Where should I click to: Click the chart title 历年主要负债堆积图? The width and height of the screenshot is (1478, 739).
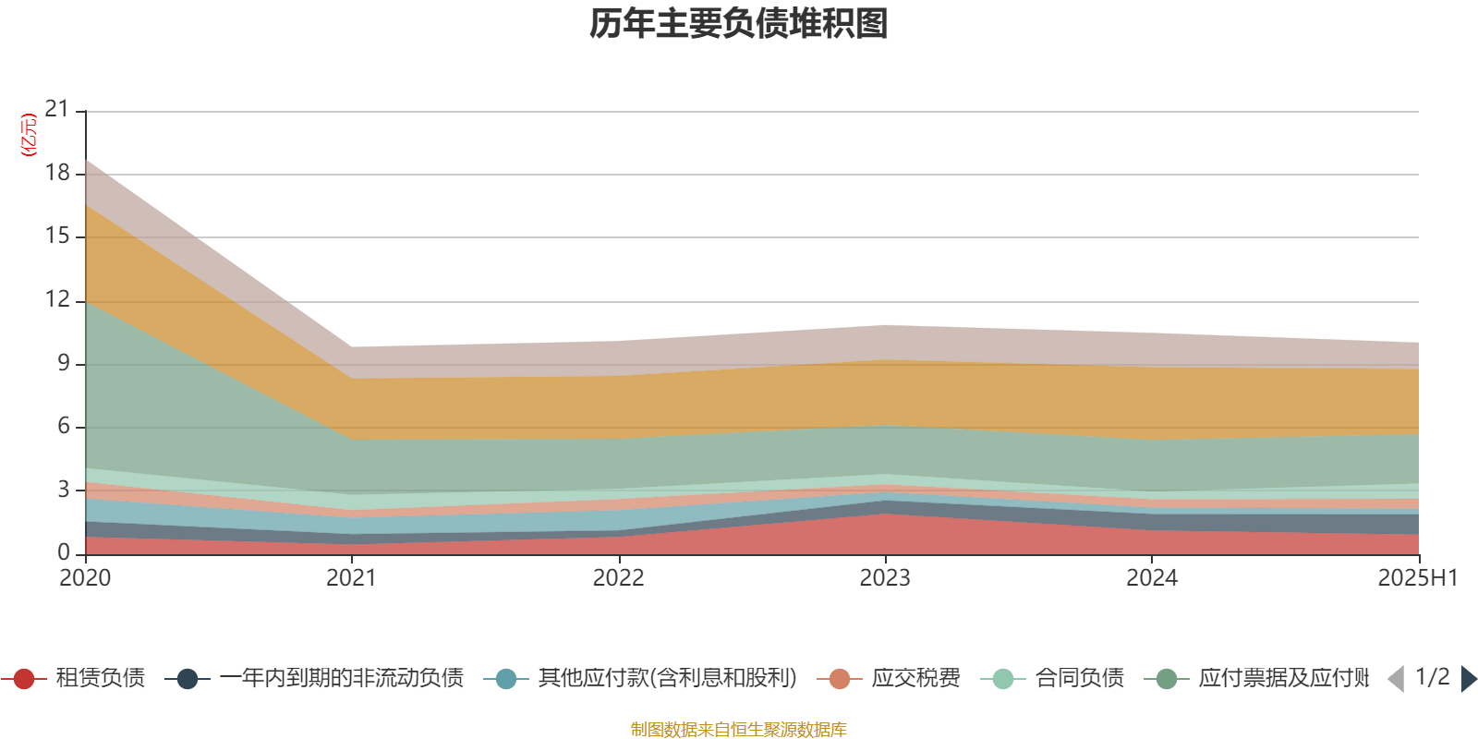pyautogui.click(x=739, y=24)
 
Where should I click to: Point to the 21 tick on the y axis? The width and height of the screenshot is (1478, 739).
pyautogui.click(x=57, y=110)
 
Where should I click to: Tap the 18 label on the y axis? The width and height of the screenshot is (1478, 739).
pyautogui.click(x=57, y=174)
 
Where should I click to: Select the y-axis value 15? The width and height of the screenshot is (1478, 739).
pyautogui.click(x=57, y=236)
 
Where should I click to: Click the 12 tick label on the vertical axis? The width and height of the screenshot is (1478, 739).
pyautogui.click(x=57, y=300)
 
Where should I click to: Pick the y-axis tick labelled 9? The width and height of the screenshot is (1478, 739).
pyautogui.click(x=64, y=364)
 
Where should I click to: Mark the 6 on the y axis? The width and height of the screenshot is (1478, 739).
pyautogui.click(x=64, y=427)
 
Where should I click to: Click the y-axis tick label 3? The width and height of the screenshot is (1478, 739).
pyautogui.click(x=64, y=490)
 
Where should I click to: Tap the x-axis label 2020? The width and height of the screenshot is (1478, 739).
pyautogui.click(x=85, y=578)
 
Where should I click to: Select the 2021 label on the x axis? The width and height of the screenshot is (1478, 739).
pyautogui.click(x=352, y=578)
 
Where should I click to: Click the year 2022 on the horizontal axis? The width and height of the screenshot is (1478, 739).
pyautogui.click(x=618, y=578)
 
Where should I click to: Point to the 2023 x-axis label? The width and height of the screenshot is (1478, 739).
pyautogui.click(x=885, y=578)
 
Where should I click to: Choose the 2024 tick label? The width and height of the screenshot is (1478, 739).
pyautogui.click(x=1152, y=578)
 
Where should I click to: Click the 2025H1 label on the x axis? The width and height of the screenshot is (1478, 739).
pyautogui.click(x=1416, y=578)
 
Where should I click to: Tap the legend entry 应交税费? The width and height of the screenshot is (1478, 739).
pyautogui.click(x=915, y=679)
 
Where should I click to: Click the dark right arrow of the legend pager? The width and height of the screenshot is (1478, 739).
pyautogui.click(x=1468, y=679)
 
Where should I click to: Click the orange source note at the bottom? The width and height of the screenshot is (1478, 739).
pyautogui.click(x=739, y=730)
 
